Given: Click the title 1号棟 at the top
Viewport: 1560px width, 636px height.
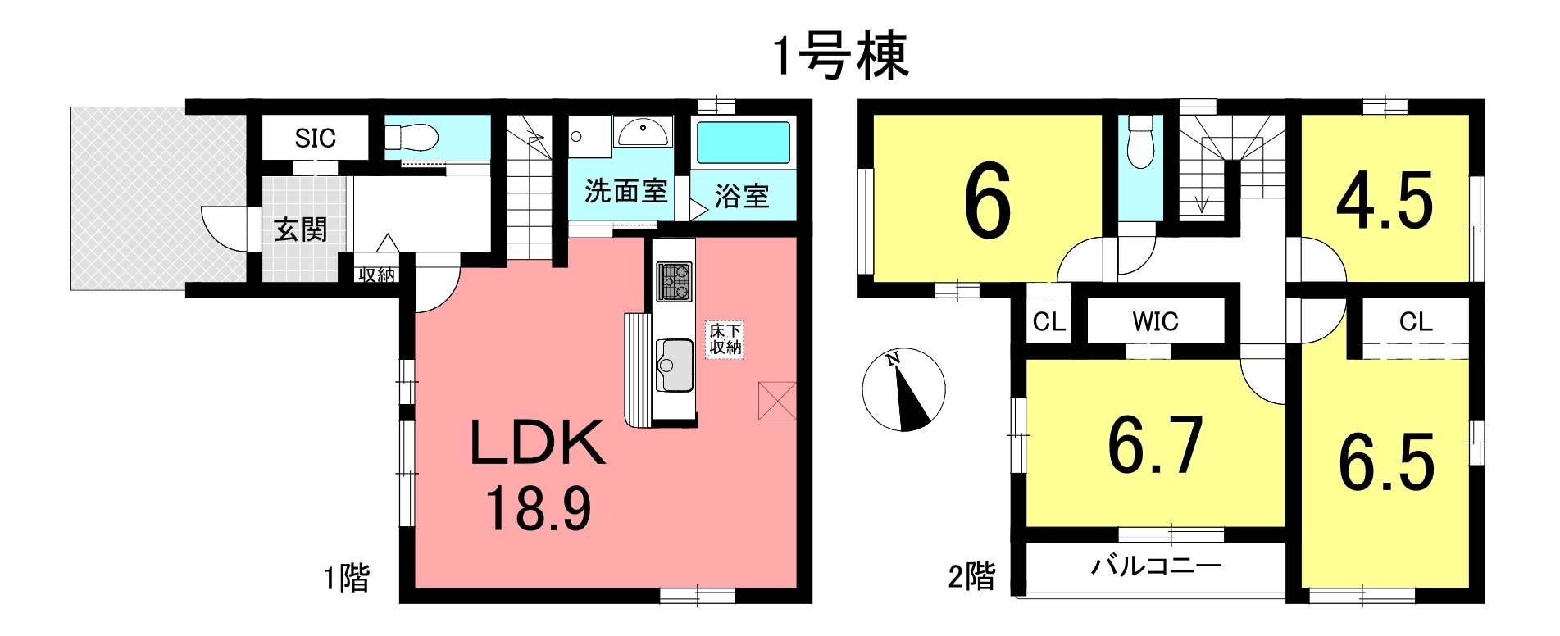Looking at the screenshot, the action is point(841,57).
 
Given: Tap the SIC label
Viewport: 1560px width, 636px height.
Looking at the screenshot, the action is point(316,139).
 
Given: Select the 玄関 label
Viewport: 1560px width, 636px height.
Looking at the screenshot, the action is point(300,229).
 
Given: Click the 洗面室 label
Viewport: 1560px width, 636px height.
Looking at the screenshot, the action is point(625,191).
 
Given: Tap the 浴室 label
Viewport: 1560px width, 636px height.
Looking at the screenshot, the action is point(742,196).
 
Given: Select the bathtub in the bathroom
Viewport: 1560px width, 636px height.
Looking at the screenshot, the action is point(744,143).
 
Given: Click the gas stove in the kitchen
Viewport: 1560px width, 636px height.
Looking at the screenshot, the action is point(674,282).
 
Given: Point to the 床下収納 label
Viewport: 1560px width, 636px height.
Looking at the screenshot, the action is point(725,339).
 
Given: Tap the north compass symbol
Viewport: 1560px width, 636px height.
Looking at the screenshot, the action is point(904,390).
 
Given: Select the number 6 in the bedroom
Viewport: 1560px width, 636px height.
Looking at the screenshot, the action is point(988,202).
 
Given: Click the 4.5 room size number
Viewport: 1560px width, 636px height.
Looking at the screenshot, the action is point(1385,202).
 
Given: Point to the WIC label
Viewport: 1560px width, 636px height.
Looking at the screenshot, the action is point(1155,322).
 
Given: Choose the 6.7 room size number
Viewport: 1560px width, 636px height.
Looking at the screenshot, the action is point(1155,446).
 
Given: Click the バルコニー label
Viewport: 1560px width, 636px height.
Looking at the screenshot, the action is point(1157,566).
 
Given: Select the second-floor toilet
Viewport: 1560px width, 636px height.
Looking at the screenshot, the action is point(1140,141).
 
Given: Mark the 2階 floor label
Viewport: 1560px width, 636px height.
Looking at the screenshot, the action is point(972,576).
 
